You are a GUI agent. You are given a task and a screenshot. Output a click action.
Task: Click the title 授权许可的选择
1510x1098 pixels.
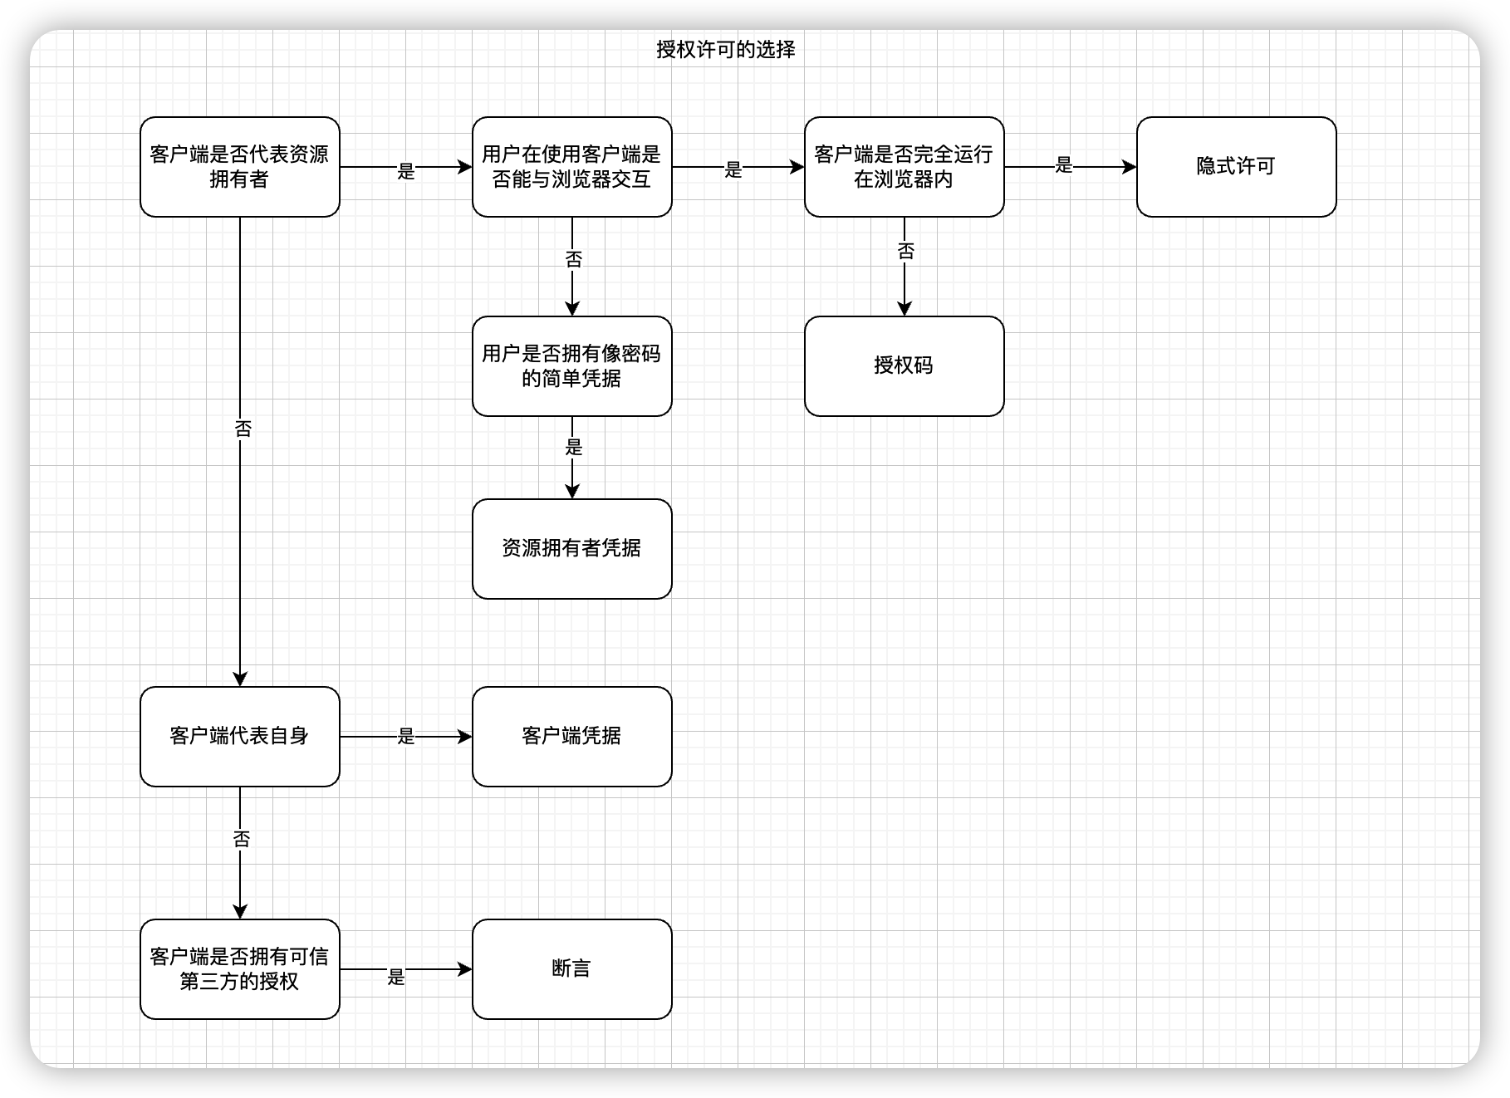[725, 50]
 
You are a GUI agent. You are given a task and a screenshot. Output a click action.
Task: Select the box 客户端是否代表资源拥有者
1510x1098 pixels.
[239, 167]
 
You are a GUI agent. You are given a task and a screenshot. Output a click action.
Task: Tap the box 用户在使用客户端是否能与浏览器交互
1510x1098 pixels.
[571, 167]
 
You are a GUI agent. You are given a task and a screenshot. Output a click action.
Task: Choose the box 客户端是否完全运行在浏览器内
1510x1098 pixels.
[904, 167]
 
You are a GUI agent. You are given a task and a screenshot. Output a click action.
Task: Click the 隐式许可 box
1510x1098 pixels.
[1236, 167]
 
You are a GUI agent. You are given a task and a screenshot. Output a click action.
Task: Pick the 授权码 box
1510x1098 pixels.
[904, 366]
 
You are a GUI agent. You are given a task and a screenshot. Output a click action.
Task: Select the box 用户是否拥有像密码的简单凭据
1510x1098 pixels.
[571, 366]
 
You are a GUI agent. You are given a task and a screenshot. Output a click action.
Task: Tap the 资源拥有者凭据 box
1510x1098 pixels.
[571, 549]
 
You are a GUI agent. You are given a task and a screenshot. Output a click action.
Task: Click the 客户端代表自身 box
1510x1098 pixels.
[239, 737]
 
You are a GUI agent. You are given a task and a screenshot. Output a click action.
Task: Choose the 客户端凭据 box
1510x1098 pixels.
[571, 737]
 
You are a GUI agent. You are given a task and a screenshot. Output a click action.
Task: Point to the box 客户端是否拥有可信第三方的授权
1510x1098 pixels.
[239, 969]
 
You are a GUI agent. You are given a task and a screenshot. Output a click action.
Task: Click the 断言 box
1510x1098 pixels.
[571, 969]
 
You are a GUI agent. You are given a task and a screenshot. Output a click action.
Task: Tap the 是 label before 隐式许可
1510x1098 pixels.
[1064, 166]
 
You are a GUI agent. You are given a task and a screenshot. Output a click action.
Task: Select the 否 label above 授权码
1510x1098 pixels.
[905, 251]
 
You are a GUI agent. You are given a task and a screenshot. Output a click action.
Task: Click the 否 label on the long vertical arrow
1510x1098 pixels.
[243, 429]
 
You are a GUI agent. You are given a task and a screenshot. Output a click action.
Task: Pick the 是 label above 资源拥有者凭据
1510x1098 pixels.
[573, 448]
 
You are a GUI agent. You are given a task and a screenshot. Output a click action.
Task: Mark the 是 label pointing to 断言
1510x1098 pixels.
[396, 978]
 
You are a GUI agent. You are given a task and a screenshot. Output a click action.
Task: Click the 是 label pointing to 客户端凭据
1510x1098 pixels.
[405, 737]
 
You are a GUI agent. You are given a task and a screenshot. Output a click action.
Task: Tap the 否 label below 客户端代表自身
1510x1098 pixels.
[241, 840]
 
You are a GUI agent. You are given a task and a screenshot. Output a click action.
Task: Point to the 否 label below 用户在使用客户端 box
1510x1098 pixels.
[573, 260]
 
